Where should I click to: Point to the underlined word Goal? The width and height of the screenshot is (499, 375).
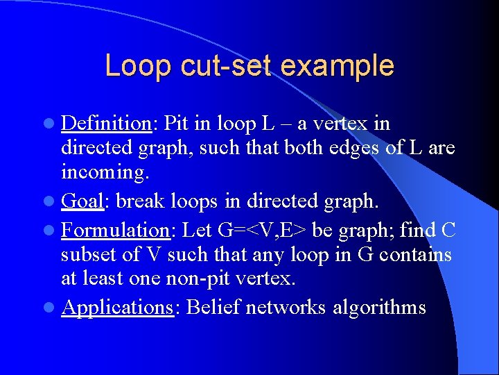tap(82, 201)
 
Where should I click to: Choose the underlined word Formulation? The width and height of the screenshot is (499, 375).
tap(118, 228)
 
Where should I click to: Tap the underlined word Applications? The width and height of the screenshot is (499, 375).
tap(117, 307)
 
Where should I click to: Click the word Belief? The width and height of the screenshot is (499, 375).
tap(216, 307)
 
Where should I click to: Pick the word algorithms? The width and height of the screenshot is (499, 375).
tap(378, 307)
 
